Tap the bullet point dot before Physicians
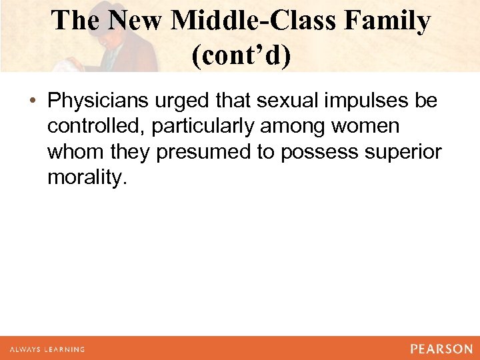(x=33, y=101)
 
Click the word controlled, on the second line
(x=96, y=126)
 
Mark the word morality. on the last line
(x=86, y=178)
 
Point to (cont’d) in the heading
(x=241, y=55)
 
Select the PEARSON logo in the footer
(x=441, y=349)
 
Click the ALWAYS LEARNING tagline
(x=47, y=349)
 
